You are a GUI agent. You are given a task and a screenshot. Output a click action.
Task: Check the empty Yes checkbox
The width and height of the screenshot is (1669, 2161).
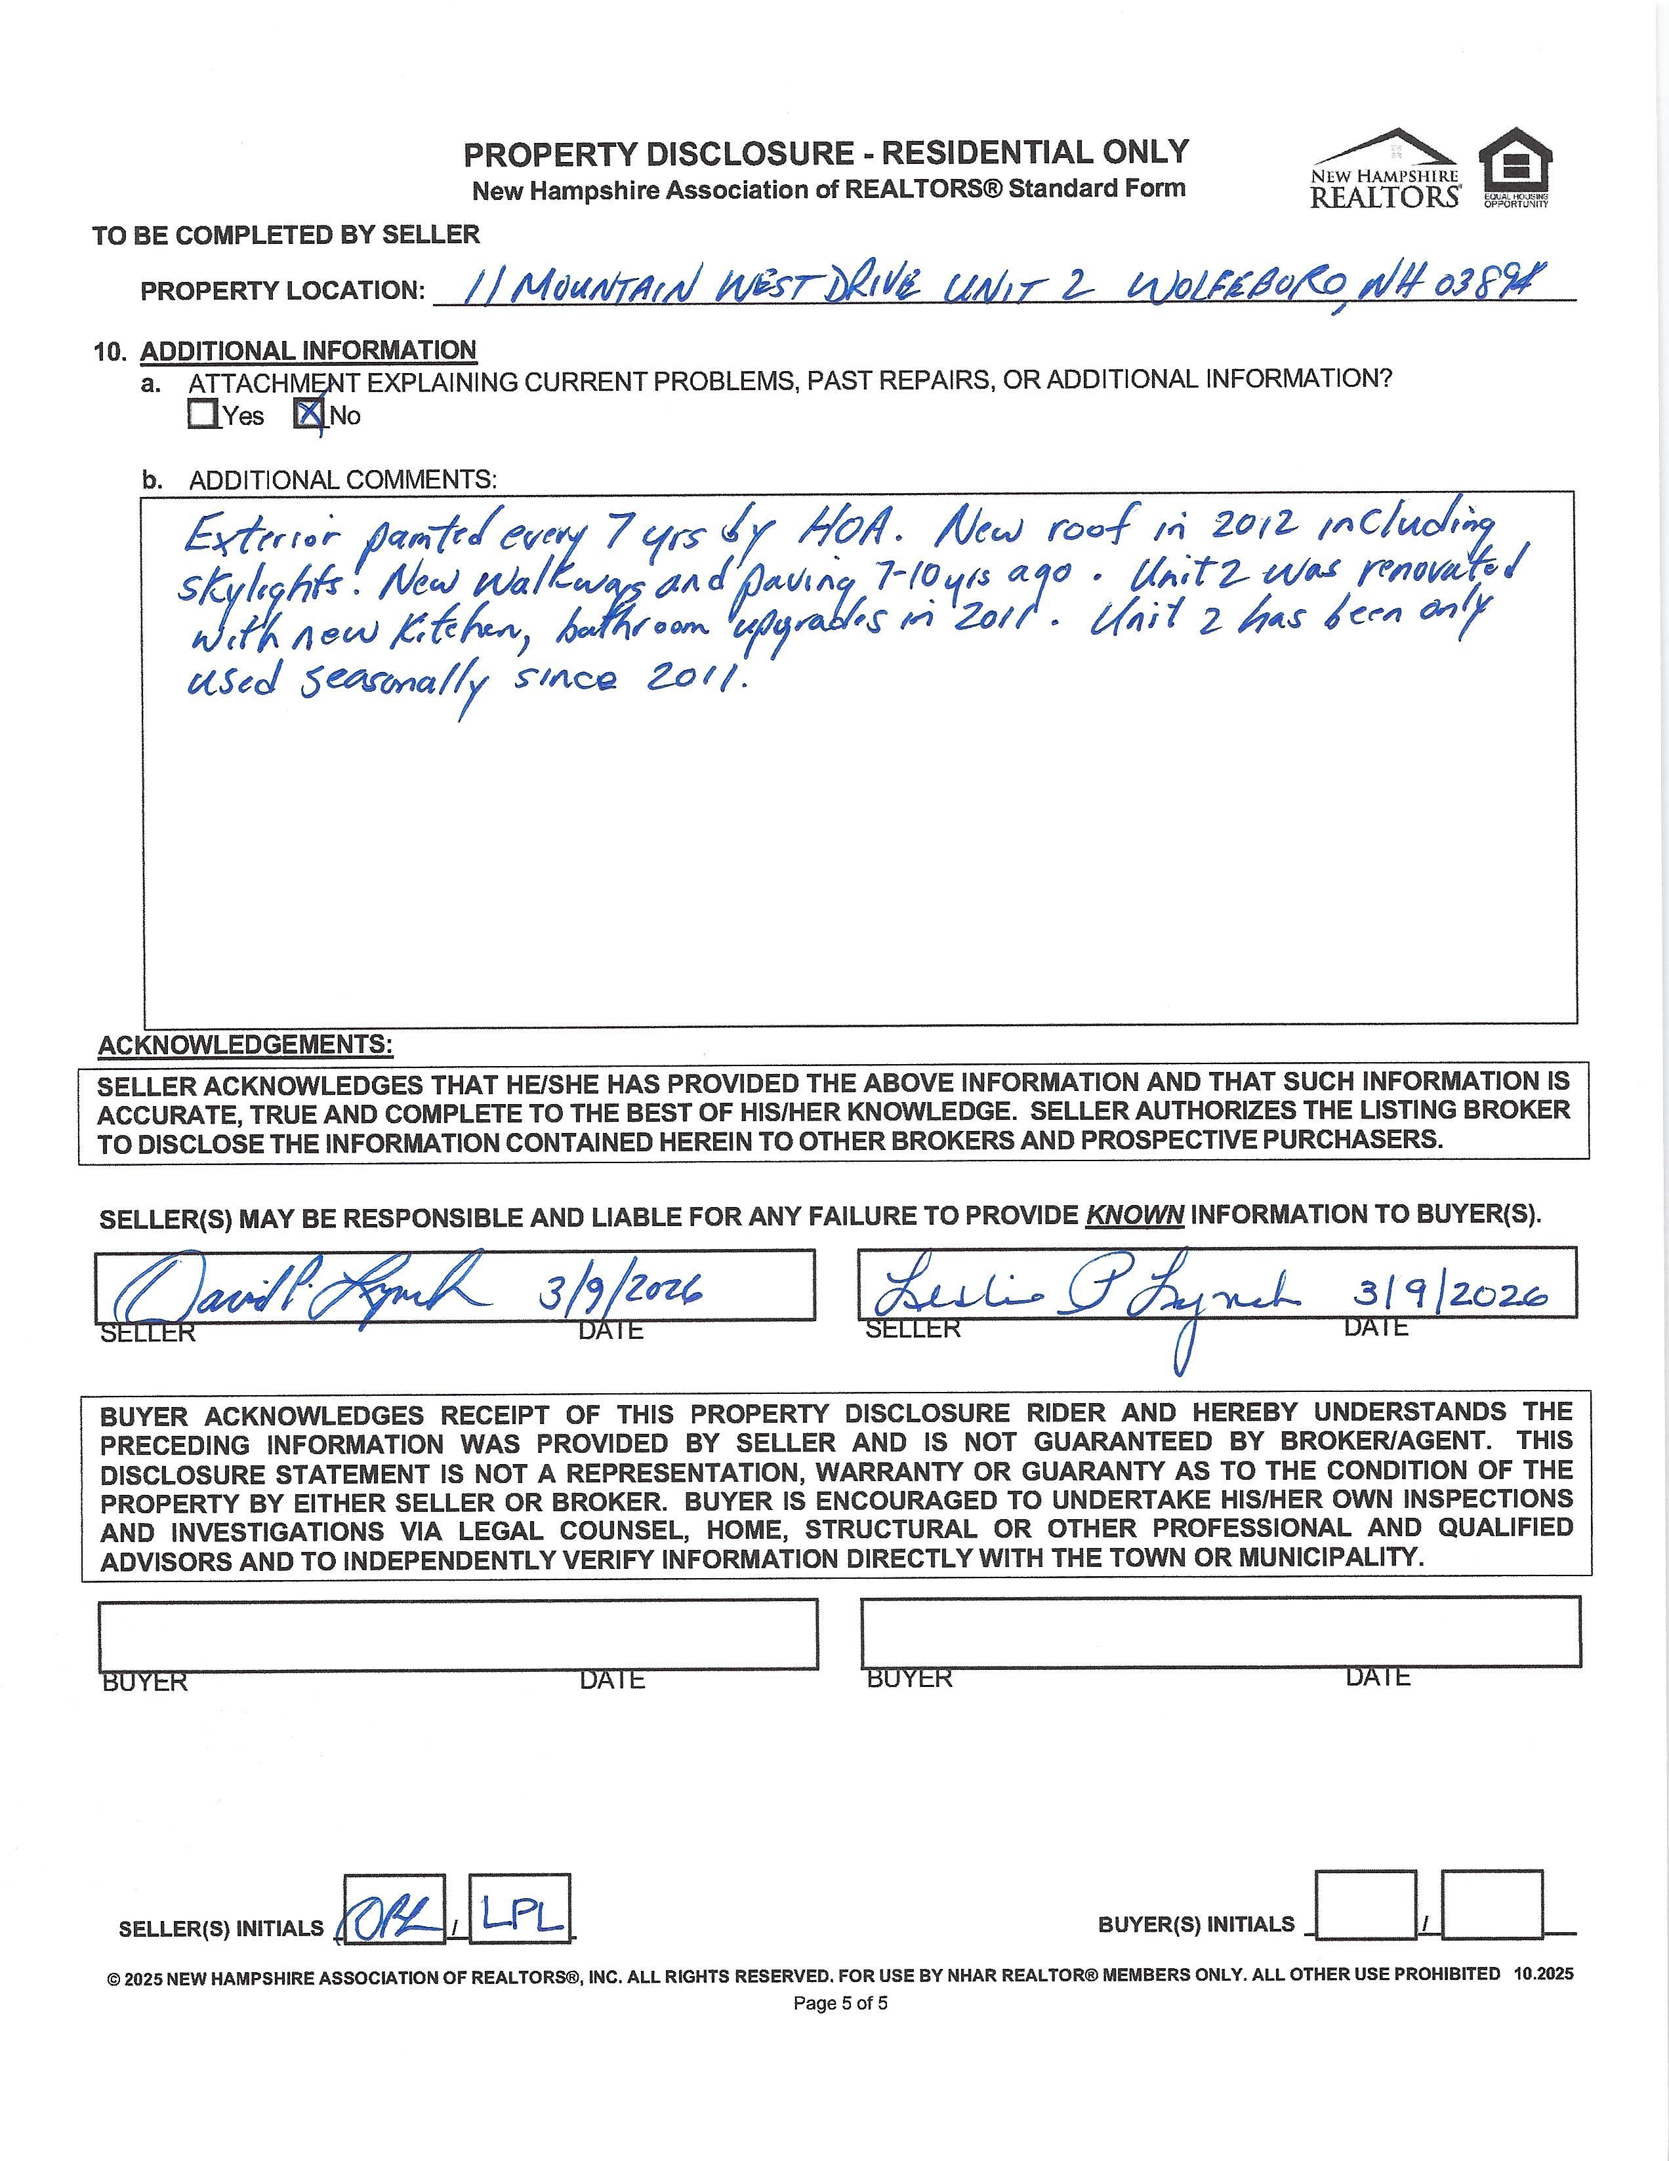coord(202,414)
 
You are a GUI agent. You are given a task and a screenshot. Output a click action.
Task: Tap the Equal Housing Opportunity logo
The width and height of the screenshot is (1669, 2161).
coord(1515,169)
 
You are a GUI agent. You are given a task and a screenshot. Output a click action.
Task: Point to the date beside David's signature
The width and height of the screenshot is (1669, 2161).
coord(620,1290)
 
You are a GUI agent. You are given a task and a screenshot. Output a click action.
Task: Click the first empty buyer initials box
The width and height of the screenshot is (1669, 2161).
coord(1365,1920)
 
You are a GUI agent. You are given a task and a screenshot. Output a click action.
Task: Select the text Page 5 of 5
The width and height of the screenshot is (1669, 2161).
coord(840,2004)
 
